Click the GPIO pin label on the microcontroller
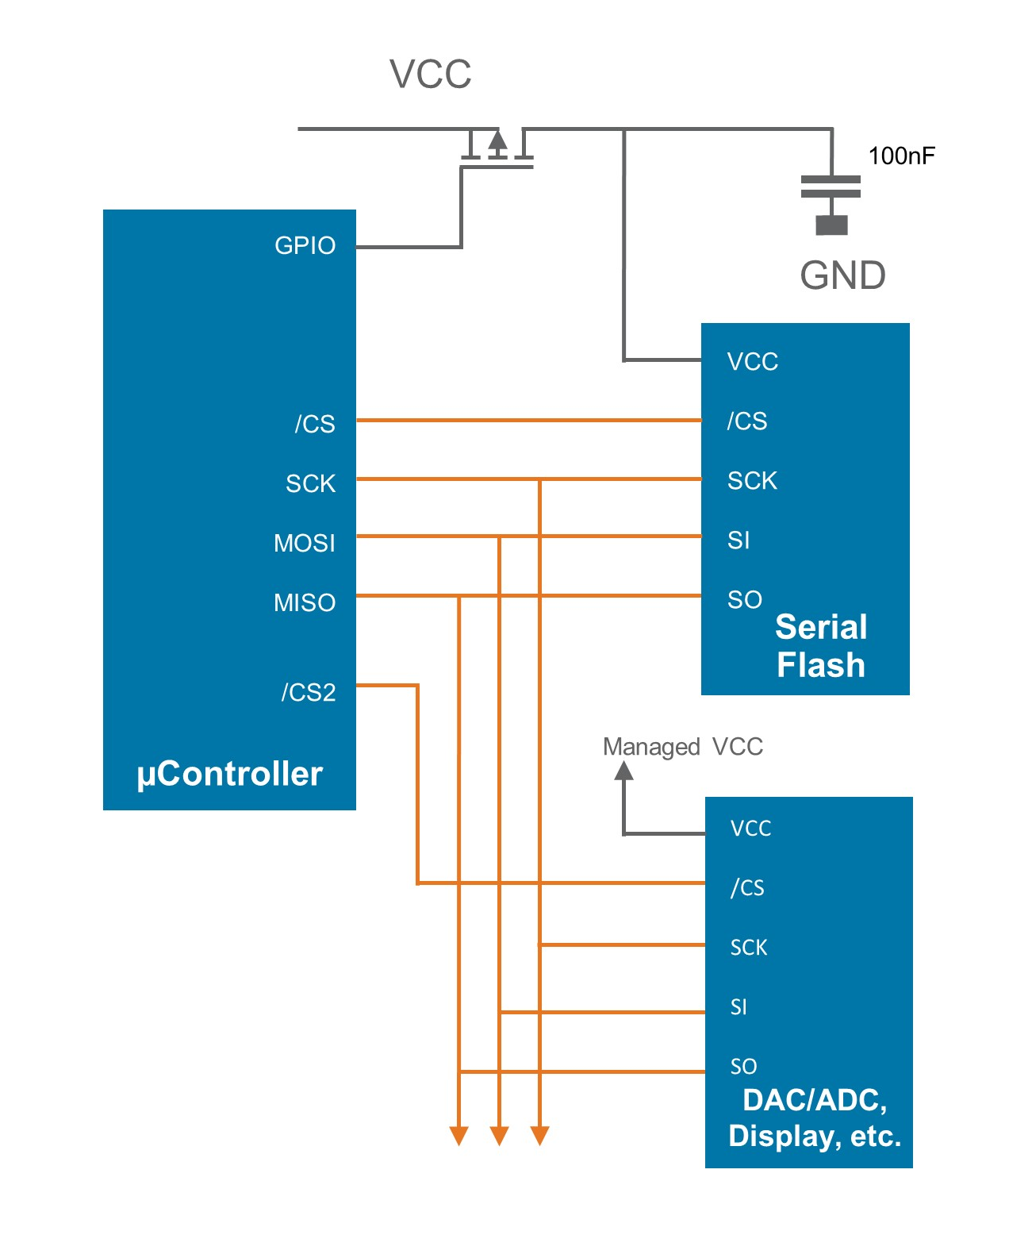(x=305, y=245)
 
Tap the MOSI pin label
(x=304, y=543)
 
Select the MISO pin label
(x=304, y=602)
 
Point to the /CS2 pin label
(x=308, y=692)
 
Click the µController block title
(x=229, y=774)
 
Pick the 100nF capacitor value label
(x=901, y=156)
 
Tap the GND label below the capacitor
(x=842, y=275)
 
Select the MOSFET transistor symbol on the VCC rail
(x=497, y=148)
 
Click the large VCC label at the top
(x=430, y=75)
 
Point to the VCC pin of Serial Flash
(x=752, y=362)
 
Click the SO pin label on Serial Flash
(x=744, y=599)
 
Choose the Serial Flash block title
(x=820, y=646)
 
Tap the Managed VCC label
(x=682, y=747)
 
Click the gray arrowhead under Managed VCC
(x=624, y=770)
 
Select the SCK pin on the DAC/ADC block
(x=748, y=947)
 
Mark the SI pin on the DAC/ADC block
(x=738, y=1006)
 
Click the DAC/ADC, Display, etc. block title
(x=815, y=1117)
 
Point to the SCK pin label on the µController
(x=310, y=483)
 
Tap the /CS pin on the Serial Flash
(x=746, y=421)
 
